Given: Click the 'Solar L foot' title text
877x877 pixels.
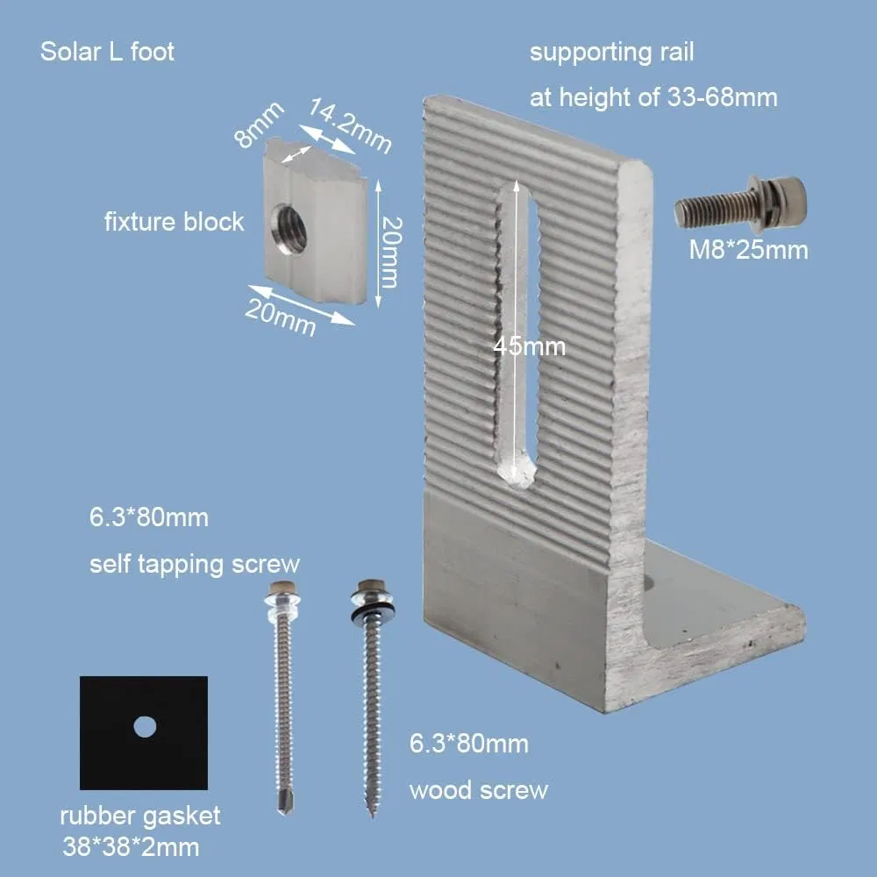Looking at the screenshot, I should click(107, 52).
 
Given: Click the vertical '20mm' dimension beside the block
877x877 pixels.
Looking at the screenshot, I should click(390, 253).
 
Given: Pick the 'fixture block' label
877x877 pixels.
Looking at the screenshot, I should click(174, 222).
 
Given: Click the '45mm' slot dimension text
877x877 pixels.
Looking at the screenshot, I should click(529, 346).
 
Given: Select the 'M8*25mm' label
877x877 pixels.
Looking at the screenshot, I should click(747, 251).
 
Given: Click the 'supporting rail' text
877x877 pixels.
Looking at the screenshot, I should click(611, 53).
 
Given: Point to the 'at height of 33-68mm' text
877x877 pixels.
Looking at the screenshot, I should click(653, 96).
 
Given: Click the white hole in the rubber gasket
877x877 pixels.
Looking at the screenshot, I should click(144, 726).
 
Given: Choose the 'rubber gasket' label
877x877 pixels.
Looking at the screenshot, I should click(140, 816).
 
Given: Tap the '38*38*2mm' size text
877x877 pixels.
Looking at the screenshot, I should click(131, 847).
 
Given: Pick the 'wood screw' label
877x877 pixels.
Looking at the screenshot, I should click(478, 789).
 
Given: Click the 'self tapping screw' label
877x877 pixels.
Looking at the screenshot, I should click(194, 563).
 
